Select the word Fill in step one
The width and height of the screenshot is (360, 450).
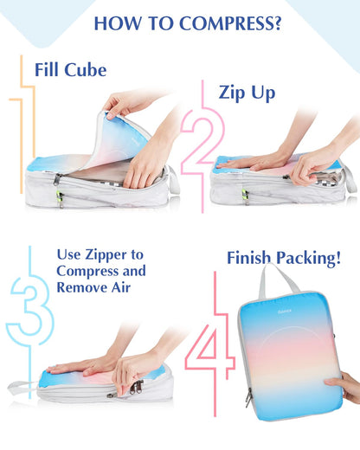click(48, 70)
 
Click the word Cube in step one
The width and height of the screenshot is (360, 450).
click(85, 70)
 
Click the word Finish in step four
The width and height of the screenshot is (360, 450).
click(250, 258)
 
